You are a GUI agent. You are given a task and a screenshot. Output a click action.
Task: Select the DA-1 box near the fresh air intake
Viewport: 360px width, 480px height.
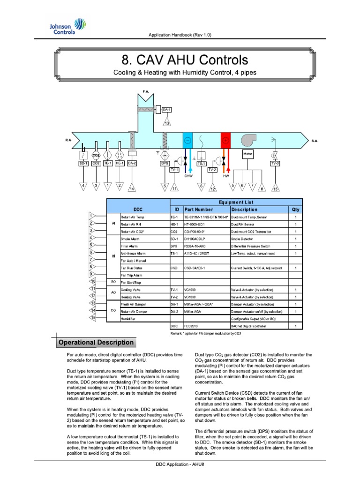(x=166, y=110)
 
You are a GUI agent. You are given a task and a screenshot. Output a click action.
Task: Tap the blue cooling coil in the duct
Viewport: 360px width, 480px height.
(x=187, y=140)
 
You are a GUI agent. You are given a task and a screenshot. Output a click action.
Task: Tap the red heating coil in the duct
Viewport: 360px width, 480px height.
(x=226, y=140)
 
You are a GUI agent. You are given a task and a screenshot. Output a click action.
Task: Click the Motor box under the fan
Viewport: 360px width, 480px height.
(x=248, y=153)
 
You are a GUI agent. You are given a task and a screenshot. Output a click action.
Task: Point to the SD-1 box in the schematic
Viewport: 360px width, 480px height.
(x=83, y=163)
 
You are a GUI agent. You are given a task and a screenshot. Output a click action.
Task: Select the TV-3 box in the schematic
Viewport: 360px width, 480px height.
(x=275, y=163)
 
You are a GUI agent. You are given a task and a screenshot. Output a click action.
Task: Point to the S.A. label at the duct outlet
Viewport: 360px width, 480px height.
(x=316, y=140)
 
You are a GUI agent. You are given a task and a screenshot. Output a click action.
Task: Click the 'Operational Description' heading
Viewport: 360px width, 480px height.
(x=96, y=343)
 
